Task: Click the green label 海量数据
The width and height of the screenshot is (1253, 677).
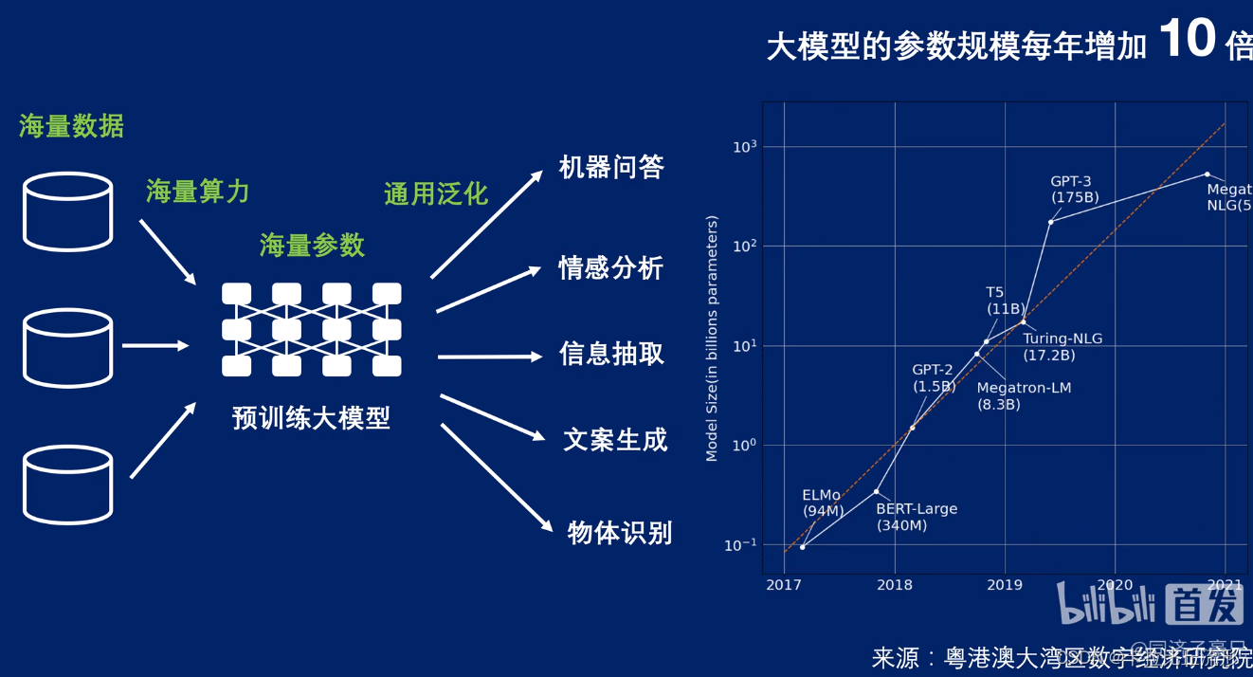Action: coord(71,126)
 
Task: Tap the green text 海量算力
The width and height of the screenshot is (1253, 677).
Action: coord(198,192)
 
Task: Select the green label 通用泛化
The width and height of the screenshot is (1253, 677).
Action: coord(436,194)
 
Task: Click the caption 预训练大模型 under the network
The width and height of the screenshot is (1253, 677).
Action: coord(311,418)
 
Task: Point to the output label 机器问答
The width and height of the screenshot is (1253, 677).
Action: coord(611,168)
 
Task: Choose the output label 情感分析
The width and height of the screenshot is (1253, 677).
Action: coord(611,268)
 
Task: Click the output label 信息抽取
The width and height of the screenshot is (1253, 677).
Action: coord(611,355)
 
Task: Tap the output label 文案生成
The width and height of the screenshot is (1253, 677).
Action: coord(615,440)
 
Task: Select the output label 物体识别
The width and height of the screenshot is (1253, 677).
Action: coord(620,533)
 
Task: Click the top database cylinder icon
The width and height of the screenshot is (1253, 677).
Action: coord(67,211)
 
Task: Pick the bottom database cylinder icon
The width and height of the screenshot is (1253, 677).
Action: coord(67,485)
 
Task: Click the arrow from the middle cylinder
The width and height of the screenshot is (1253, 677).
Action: coord(155,346)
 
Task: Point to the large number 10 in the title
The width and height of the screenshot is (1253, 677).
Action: coord(1187,41)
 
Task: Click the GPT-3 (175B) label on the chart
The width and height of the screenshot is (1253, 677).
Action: coord(1074,190)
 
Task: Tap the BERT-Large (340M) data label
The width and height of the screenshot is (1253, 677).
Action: coord(916,517)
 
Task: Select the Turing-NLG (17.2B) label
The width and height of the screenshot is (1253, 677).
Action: coord(1062,347)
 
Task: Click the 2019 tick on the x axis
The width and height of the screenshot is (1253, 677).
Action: coord(1005,585)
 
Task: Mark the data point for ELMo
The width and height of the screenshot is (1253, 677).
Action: coord(803,547)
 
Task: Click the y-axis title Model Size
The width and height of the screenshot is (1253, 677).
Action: coord(712,338)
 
